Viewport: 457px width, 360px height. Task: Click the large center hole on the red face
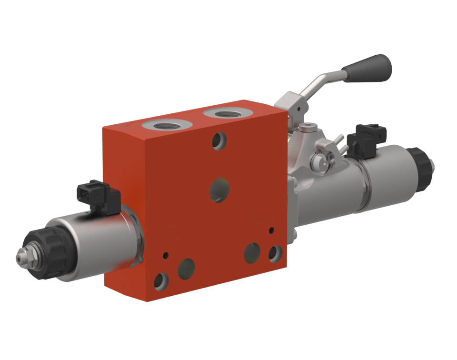(x=219, y=189)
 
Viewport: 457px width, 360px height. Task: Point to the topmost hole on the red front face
(x=219, y=141)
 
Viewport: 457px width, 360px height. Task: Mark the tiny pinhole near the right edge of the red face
(x=271, y=230)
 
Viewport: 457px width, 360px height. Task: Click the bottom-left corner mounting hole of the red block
(x=161, y=281)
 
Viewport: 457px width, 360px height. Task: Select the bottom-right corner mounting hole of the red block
(x=275, y=253)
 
